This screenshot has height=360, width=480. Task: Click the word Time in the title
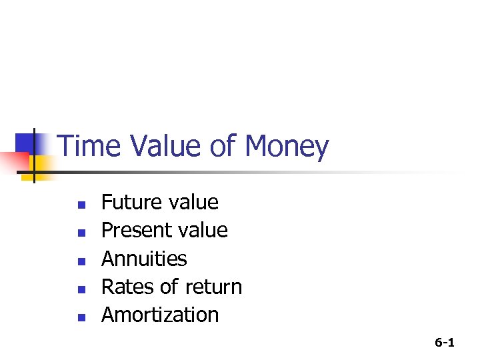click(88, 147)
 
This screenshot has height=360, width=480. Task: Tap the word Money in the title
click(287, 147)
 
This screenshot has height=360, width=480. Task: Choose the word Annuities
click(144, 259)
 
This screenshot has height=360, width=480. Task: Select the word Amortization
click(160, 315)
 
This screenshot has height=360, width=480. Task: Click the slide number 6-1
click(445, 343)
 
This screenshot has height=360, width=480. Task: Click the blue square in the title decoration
click(27, 142)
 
